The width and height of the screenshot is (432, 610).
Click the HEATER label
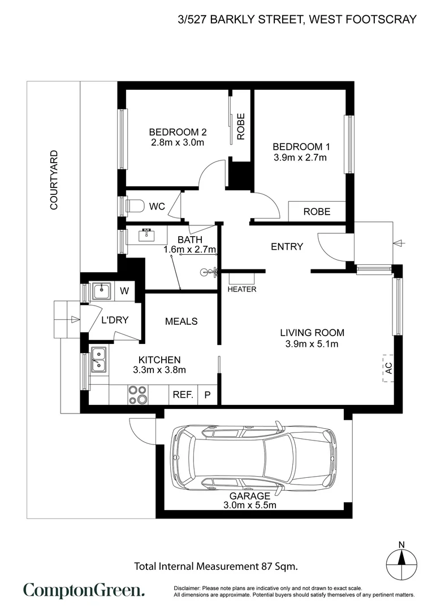click(x=242, y=289)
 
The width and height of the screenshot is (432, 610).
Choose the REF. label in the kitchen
click(x=183, y=395)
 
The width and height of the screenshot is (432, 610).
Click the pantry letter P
click(x=208, y=395)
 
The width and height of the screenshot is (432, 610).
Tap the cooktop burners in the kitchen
click(x=137, y=394)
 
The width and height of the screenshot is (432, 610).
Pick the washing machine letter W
click(x=125, y=291)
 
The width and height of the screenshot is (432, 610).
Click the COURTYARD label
click(x=54, y=180)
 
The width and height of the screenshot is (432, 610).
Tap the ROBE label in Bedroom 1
click(x=317, y=212)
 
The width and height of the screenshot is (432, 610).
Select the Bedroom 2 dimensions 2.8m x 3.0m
click(x=178, y=142)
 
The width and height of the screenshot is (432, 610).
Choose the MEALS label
click(x=181, y=321)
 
